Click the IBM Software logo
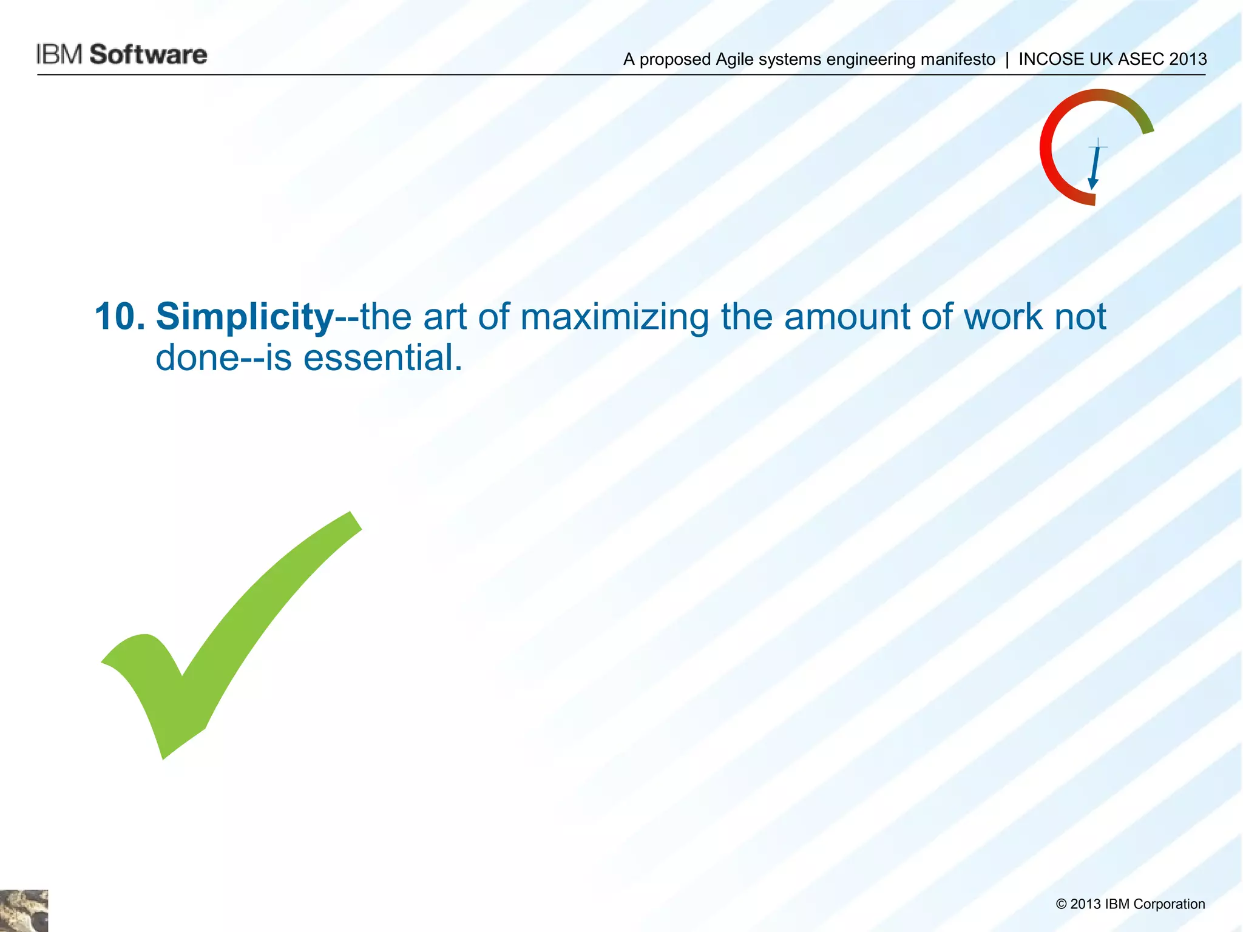(121, 55)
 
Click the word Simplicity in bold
(245, 317)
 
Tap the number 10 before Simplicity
(120, 317)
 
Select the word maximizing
(614, 317)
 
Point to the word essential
(382, 358)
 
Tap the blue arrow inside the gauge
(1095, 167)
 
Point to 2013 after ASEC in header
(1188, 59)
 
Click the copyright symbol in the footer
(1061, 905)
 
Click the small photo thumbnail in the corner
(24, 911)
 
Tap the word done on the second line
(198, 358)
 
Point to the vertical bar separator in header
(1007, 59)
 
